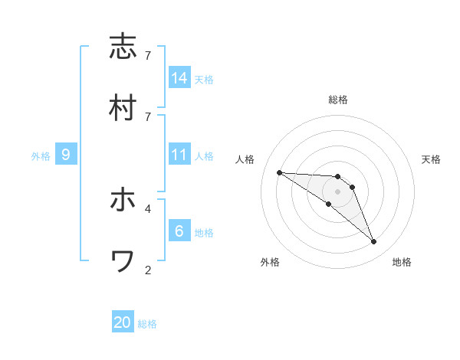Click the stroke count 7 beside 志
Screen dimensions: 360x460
147,56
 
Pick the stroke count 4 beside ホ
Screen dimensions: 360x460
147,208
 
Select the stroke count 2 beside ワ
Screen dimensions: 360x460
147,270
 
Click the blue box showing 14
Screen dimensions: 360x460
179,77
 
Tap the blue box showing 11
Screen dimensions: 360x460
179,155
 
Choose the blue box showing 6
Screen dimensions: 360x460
179,231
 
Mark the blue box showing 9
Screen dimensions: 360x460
66,155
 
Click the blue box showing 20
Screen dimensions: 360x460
123,322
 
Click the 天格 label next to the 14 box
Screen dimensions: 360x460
204,79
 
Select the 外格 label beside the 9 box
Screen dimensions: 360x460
41,156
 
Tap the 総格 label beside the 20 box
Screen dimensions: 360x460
147,324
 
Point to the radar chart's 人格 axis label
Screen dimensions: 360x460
246,159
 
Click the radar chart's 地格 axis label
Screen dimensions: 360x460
402,262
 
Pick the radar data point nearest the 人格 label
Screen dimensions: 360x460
279,172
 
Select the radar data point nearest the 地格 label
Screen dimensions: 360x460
373,241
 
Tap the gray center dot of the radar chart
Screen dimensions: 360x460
337,191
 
